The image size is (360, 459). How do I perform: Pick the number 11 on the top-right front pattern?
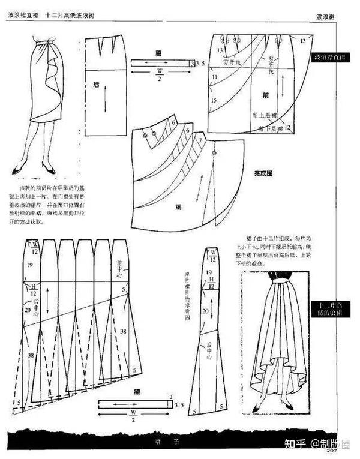(x=215, y=78)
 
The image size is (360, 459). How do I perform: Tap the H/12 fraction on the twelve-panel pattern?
(x=34, y=290)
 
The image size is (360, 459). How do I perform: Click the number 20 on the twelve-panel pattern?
(x=29, y=310)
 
